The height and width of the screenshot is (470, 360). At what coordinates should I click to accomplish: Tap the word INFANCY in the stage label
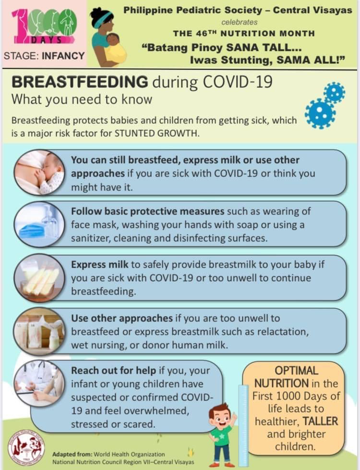click(x=63, y=56)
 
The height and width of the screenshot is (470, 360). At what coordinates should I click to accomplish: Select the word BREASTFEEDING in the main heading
click(x=80, y=82)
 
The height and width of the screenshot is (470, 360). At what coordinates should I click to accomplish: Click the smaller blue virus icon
click(x=334, y=93)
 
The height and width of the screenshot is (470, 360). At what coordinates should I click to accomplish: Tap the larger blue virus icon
click(x=320, y=114)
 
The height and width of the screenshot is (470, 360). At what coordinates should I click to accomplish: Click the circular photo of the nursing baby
click(x=39, y=173)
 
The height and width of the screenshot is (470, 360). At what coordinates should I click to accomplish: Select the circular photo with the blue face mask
click(x=39, y=224)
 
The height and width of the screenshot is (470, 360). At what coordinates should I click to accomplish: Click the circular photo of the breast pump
click(x=39, y=331)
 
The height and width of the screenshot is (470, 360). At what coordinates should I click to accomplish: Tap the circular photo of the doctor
click(x=39, y=384)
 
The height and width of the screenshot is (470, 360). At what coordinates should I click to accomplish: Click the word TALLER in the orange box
click(x=320, y=421)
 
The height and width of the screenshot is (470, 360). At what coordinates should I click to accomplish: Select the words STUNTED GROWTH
click(x=156, y=133)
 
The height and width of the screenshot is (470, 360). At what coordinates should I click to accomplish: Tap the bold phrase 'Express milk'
click(x=100, y=265)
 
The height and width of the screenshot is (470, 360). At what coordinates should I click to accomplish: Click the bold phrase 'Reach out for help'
click(x=113, y=371)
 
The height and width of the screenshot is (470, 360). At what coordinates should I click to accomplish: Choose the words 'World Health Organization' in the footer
click(x=129, y=455)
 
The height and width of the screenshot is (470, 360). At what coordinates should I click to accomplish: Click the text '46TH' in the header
click(x=206, y=33)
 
